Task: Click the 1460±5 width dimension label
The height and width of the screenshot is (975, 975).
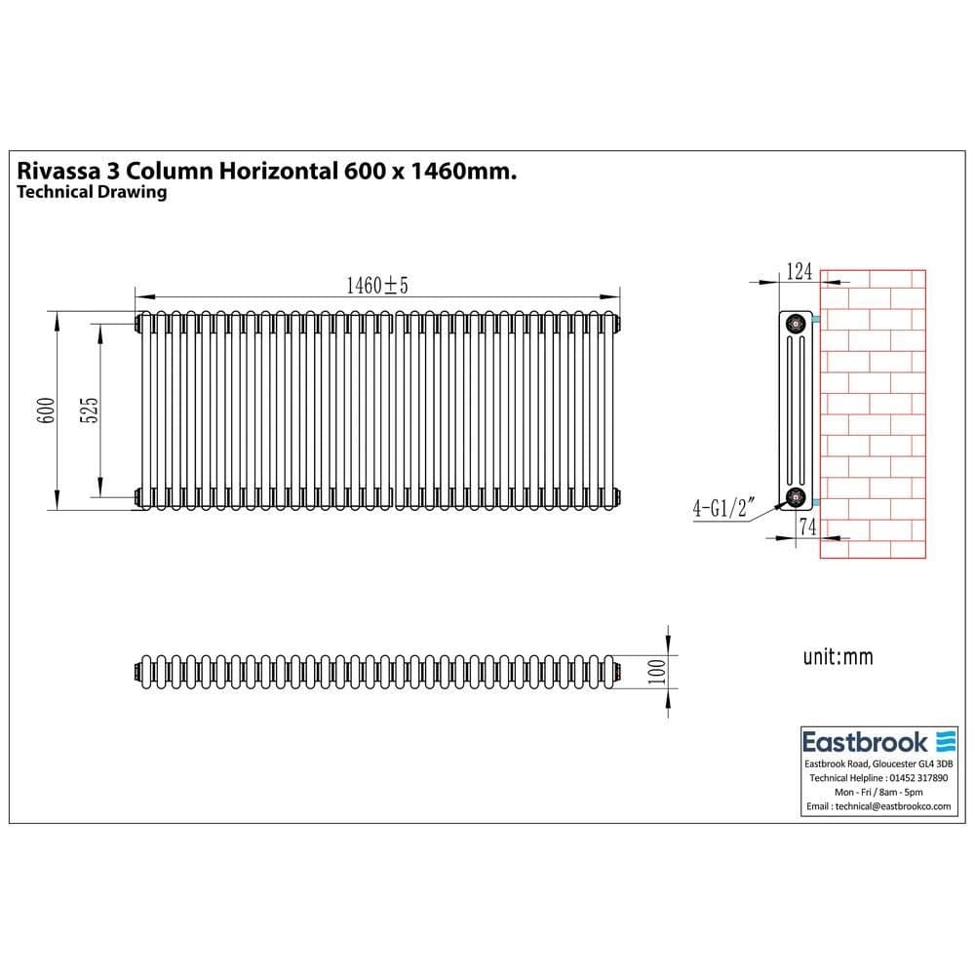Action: [376, 285]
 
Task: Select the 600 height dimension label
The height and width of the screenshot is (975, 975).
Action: [44, 410]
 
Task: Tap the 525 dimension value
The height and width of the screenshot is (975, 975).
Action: [87, 410]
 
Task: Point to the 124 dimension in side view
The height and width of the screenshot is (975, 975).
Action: [799, 272]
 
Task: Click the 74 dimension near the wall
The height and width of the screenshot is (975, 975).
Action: [806, 526]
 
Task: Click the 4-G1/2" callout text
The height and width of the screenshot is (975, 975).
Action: [721, 509]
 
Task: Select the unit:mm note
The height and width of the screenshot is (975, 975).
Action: [838, 657]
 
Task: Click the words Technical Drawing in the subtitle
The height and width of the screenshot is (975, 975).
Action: [93, 192]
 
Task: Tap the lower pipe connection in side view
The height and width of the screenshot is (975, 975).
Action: [798, 497]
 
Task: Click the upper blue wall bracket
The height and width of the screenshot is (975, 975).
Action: [815, 320]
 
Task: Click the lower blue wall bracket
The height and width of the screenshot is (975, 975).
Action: [815, 501]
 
